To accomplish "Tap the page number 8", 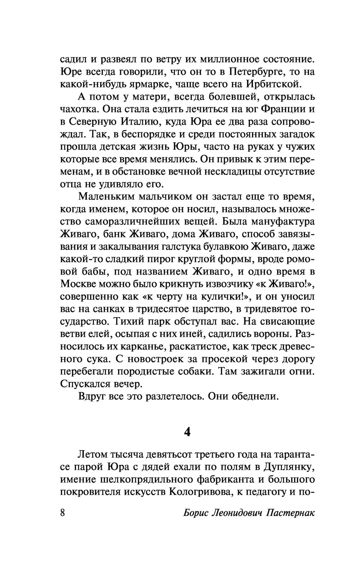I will click(63, 513).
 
